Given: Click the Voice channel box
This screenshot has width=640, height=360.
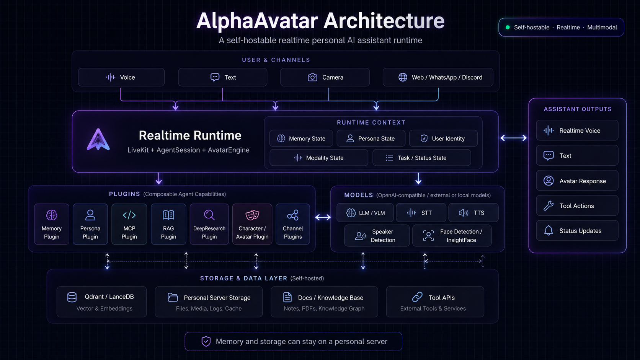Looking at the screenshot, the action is [x=121, y=77].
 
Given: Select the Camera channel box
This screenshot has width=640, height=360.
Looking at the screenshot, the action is [x=325, y=77].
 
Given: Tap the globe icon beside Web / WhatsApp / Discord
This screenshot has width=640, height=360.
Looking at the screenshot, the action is [x=403, y=77].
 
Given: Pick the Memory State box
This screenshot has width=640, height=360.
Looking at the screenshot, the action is [x=301, y=138].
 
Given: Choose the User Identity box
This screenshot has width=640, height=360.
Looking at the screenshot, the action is [x=443, y=138].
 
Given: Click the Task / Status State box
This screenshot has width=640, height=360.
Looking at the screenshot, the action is [x=422, y=158].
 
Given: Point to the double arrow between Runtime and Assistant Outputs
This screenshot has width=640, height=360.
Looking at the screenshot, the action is [x=513, y=138].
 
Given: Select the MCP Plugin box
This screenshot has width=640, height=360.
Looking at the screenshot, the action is [x=129, y=224].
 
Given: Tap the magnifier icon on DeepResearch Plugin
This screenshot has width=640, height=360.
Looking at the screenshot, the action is [x=209, y=215].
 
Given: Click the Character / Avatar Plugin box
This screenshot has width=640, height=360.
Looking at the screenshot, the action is [x=252, y=224].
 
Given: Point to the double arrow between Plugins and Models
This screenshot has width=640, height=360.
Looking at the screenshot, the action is [x=323, y=217].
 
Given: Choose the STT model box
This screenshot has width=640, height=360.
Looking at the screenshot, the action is [x=421, y=213].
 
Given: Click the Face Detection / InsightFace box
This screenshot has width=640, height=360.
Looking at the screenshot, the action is [x=452, y=236].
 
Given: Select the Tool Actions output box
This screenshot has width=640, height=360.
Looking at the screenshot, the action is [x=577, y=205].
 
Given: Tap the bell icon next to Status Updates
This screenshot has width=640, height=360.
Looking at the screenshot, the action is [x=548, y=231].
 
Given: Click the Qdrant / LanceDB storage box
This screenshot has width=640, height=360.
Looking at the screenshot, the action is [x=101, y=302].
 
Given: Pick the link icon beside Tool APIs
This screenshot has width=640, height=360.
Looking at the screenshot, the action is [x=418, y=297].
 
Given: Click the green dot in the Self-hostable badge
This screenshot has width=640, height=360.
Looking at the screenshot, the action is [x=508, y=28].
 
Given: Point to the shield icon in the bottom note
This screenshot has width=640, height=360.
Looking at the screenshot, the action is [x=206, y=341].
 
